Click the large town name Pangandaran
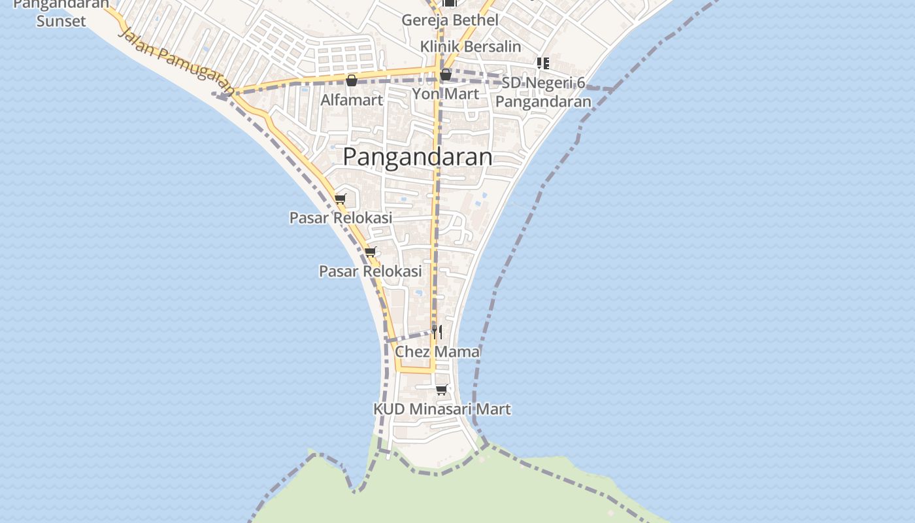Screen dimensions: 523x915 click(x=418, y=157)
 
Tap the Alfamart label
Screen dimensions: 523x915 click(x=352, y=100)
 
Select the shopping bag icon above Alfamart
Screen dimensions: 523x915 click(x=352, y=80)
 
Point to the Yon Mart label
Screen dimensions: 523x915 click(x=445, y=93)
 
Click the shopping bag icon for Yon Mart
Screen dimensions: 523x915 click(x=446, y=75)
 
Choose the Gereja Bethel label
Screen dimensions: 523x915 click(x=450, y=20)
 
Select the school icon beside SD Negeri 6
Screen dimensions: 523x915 click(x=542, y=63)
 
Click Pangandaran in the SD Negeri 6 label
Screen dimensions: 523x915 click(x=543, y=101)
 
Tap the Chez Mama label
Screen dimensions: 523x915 click(x=437, y=352)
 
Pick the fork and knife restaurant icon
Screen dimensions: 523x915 click(x=437, y=331)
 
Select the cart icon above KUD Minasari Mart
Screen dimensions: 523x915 click(x=442, y=390)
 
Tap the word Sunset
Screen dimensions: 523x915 click(x=61, y=21)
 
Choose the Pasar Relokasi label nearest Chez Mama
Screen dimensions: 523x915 click(x=371, y=271)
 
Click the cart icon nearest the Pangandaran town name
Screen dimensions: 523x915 click(x=340, y=199)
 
